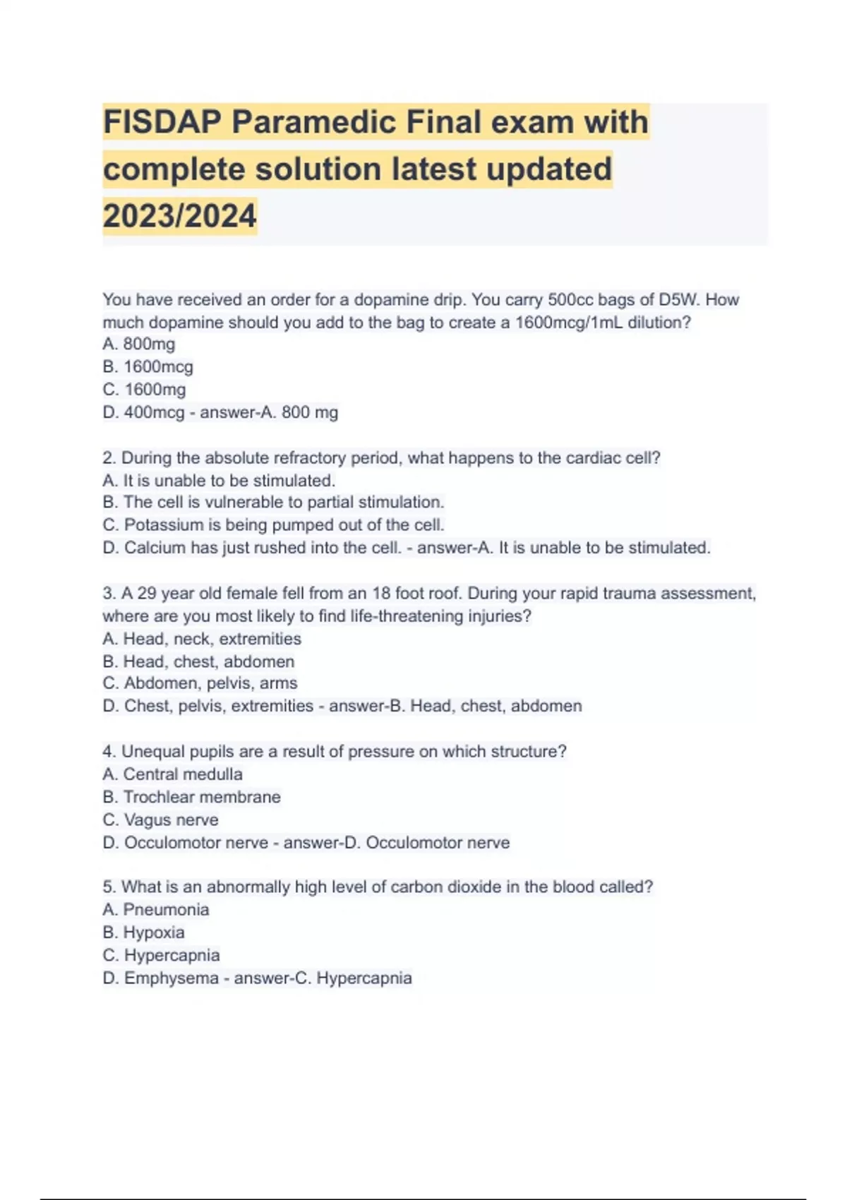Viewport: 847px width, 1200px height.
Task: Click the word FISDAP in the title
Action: pyautogui.click(x=162, y=122)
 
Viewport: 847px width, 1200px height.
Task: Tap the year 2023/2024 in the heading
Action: pyautogui.click(x=179, y=216)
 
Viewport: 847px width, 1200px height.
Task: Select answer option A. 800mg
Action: pyautogui.click(x=139, y=344)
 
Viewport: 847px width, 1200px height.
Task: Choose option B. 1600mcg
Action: pyautogui.click(x=148, y=367)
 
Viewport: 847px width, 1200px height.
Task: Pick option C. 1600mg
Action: pyautogui.click(x=144, y=390)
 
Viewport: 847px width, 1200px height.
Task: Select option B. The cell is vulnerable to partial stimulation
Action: pyautogui.click(x=273, y=503)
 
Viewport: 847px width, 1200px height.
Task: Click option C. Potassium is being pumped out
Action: pyautogui.click(x=273, y=525)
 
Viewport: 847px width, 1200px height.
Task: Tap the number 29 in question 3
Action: pyautogui.click(x=147, y=593)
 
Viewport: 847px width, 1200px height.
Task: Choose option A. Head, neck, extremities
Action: pyautogui.click(x=202, y=639)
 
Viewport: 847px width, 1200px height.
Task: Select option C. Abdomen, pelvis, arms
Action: pyautogui.click(x=200, y=683)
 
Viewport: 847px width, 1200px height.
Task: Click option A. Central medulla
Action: pyautogui.click(x=172, y=774)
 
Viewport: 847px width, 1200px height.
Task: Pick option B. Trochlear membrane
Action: pyautogui.click(x=191, y=797)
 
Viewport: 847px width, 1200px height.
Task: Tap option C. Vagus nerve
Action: pyautogui.click(x=160, y=820)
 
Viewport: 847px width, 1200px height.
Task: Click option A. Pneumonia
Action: pyautogui.click(x=156, y=910)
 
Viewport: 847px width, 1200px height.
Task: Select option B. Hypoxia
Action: pyautogui.click(x=143, y=932)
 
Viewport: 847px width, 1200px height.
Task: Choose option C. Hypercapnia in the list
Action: pyautogui.click(x=161, y=956)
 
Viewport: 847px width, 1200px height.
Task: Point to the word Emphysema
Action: pyautogui.click(x=172, y=978)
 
